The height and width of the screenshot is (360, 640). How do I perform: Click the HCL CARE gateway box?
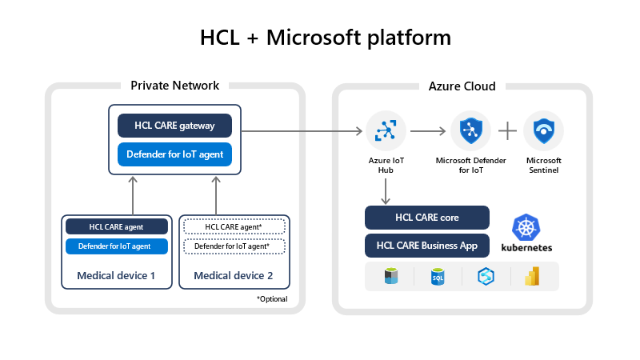click(174, 126)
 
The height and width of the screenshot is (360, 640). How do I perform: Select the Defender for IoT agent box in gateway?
click(174, 154)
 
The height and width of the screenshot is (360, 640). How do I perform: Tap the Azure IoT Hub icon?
click(386, 130)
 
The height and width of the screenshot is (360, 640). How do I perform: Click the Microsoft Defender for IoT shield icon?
click(471, 130)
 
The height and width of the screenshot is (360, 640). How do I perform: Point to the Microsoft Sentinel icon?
click(543, 130)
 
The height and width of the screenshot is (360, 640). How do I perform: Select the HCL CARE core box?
click(426, 218)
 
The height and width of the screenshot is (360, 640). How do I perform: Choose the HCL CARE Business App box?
click(426, 245)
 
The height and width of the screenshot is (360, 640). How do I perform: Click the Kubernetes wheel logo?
click(526, 227)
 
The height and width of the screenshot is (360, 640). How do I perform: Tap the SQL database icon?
click(438, 276)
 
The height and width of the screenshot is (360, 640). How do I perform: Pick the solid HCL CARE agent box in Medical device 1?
click(117, 226)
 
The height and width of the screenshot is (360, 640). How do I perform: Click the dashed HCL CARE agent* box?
click(234, 226)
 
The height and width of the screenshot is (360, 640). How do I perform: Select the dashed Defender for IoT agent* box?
click(234, 246)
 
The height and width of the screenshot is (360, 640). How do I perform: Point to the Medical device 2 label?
click(234, 277)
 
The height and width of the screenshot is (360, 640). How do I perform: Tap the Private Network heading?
click(174, 86)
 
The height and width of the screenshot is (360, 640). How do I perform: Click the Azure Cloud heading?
click(462, 86)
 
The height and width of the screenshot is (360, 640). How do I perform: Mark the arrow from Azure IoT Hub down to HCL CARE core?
click(386, 190)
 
